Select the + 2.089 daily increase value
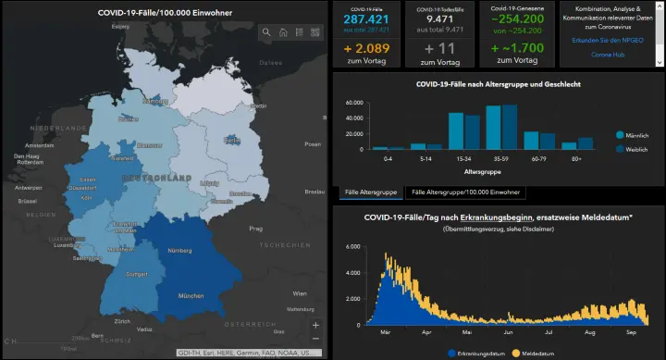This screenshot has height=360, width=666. tap(366, 48)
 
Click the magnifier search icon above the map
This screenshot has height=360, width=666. tap(266, 32)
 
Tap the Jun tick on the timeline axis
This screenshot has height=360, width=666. tap(508, 332)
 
